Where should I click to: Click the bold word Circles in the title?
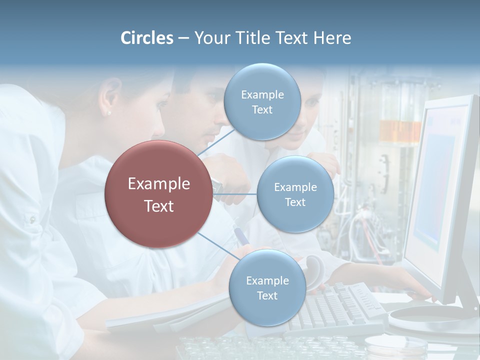click(x=147, y=38)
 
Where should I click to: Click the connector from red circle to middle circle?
click(x=235, y=194)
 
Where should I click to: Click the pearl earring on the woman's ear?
click(x=109, y=113)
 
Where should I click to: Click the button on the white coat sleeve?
click(x=32, y=219)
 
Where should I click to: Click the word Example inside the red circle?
click(x=159, y=184)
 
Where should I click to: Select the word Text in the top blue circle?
click(x=262, y=110)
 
